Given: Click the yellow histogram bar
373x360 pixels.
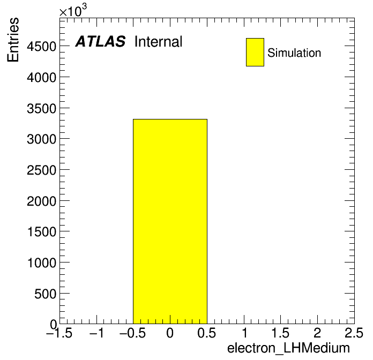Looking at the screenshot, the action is pos(170,221).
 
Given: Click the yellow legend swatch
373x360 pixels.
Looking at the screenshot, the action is pos(255,52).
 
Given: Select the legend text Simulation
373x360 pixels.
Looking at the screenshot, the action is pos(294,53).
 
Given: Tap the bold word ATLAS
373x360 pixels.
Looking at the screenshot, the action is pos(100,41).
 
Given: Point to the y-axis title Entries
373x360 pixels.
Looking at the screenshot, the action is pos(13,40).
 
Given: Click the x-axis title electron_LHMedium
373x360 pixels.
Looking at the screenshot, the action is pos(288,348).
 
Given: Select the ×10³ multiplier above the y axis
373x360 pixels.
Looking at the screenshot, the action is pos(73,10).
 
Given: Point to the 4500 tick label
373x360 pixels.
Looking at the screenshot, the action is pos(42,47).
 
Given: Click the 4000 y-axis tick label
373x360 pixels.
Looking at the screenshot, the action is pos(42,77).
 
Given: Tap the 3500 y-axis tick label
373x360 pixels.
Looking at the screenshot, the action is pos(42,108).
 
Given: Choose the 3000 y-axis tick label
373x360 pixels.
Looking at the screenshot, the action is pos(42,139).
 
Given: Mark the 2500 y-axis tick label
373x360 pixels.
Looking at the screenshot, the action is pos(42,170).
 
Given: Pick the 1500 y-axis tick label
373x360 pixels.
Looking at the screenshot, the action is pos(42,231).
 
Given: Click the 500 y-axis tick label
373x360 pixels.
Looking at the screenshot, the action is pos(46,294).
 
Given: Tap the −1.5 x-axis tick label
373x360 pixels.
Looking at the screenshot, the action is pos(59,333).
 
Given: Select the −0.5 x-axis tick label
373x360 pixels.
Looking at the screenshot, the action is pos(133,333).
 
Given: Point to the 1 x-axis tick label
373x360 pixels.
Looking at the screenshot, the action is pos(244,333).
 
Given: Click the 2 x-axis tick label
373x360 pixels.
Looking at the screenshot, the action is pos(317,333).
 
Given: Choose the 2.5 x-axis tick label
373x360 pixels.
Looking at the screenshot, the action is pos(354,333).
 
